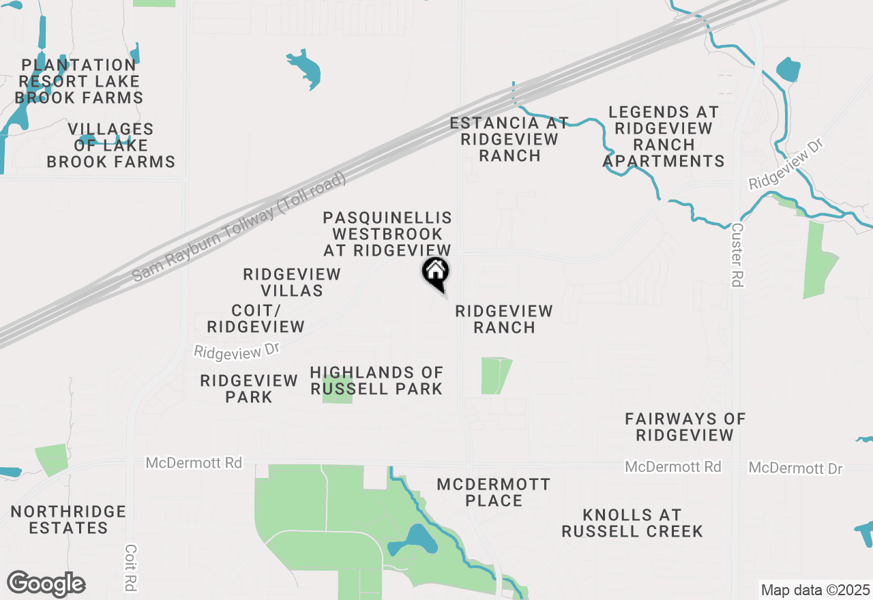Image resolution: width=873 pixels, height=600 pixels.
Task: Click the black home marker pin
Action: click(x=435, y=273)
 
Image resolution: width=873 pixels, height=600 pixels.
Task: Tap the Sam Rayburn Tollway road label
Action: click(x=240, y=227)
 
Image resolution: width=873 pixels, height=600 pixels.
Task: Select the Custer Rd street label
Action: click(x=737, y=255)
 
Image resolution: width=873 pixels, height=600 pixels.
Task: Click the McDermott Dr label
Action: click(x=795, y=468)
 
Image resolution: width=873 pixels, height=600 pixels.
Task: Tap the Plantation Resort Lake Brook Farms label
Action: click(x=79, y=82)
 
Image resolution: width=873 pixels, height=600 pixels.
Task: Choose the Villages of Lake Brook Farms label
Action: click(x=111, y=146)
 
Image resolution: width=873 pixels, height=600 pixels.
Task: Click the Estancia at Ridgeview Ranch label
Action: click(x=509, y=139)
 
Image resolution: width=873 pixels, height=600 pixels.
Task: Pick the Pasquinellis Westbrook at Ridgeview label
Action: click(x=387, y=234)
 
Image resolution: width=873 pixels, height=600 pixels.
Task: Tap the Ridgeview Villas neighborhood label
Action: click(x=292, y=282)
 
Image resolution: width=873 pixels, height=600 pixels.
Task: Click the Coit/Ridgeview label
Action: click(x=256, y=319)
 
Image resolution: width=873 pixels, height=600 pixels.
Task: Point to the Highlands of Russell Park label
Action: click(x=376, y=380)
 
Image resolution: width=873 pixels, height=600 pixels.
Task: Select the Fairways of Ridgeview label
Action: click(x=685, y=427)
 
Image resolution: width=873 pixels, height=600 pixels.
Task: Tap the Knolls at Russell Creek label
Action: click(x=632, y=523)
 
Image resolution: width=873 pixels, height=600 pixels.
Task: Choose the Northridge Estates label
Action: click(x=68, y=520)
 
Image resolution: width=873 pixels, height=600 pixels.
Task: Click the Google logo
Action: click(x=46, y=584)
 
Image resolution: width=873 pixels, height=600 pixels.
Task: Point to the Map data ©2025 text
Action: click(x=815, y=590)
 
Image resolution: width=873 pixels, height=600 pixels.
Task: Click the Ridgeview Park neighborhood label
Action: click(x=249, y=389)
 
